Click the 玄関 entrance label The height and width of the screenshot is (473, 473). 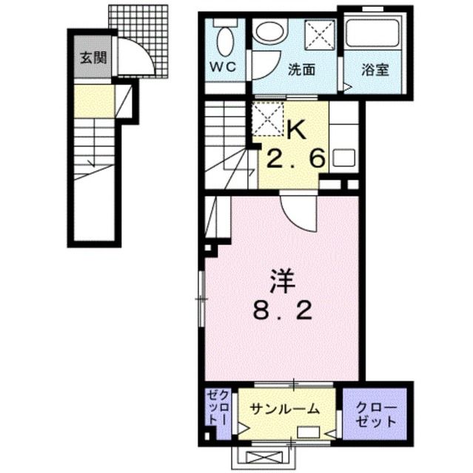coord(93,58)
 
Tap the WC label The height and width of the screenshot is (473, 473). coord(223,67)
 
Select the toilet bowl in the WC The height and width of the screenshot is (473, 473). coord(225,41)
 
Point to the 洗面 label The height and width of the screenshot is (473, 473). coord(301,69)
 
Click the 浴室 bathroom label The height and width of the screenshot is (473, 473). coord(375,69)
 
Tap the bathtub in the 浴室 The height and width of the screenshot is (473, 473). coord(375,33)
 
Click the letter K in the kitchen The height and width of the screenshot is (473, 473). coord(297,130)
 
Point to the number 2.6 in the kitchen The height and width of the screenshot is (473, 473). coord(295,158)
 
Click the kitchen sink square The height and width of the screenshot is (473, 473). coord(343,157)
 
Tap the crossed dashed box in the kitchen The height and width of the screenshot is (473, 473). coord(268,118)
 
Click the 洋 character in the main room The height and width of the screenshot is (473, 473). coord(283,282)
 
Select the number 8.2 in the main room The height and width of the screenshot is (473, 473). coord(283,310)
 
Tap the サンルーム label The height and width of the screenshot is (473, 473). coord(285,409)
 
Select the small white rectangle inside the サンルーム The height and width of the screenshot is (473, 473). coord(309,432)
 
